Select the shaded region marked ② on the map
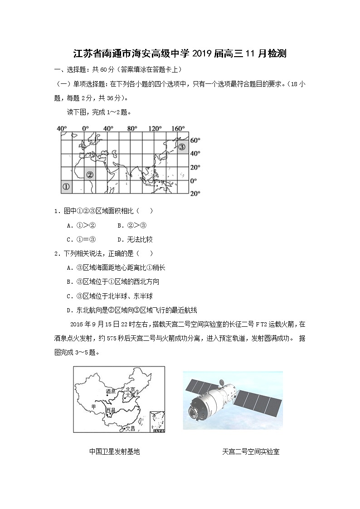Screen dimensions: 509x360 (x=90, y=174)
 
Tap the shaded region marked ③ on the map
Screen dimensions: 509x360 (x=182, y=147)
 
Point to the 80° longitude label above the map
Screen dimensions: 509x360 (x=132, y=129)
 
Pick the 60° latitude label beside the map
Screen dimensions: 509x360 (x=195, y=140)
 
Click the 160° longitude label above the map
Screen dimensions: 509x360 (x=178, y=129)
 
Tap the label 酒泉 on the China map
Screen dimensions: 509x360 (x=111, y=390)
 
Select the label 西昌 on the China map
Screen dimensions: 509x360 (x=110, y=410)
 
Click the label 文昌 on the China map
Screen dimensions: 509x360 (x=130, y=427)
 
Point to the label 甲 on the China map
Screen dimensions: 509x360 (x=93, y=407)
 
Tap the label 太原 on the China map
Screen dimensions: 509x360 (x=130, y=395)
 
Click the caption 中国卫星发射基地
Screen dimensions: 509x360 (x=114, y=451)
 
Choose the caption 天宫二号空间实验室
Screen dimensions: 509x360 (x=251, y=451)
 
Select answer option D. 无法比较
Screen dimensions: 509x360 (x=135, y=239)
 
